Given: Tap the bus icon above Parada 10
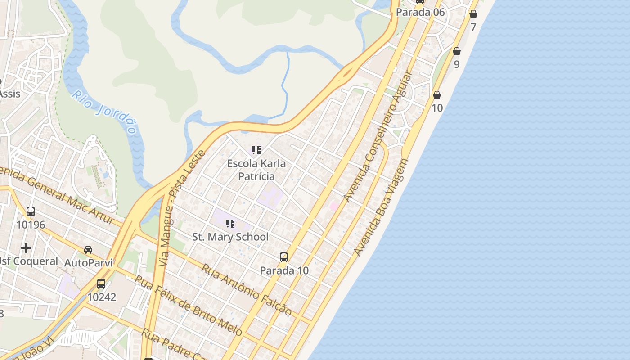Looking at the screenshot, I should click(x=284, y=257).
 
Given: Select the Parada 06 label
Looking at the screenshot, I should click(x=420, y=12).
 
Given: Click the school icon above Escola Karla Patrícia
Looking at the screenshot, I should click(x=256, y=150).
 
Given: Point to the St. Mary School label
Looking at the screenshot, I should click(x=230, y=237).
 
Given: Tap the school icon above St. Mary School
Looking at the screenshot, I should click(x=230, y=223).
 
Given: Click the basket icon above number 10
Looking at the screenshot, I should click(x=437, y=95).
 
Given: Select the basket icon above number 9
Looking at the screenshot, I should click(x=457, y=51).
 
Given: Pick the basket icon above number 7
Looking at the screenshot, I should click(x=473, y=14).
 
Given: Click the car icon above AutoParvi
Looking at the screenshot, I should click(x=88, y=249).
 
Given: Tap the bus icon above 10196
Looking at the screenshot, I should click(x=31, y=211).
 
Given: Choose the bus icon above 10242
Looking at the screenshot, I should click(x=101, y=283).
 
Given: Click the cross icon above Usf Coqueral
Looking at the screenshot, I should click(x=26, y=247).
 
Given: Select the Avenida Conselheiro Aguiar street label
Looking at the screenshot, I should click(x=378, y=137).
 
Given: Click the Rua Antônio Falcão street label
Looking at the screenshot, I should click(x=246, y=289).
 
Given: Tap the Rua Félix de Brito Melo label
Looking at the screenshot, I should click(x=189, y=306).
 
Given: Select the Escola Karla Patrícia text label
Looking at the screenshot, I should click(x=256, y=170).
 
